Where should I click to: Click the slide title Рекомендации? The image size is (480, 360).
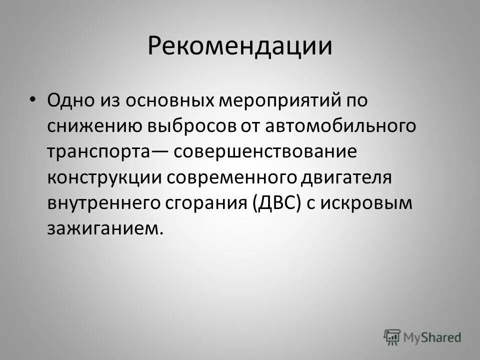pyautogui.click(x=240, y=46)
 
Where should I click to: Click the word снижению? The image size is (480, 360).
pyautogui.click(x=93, y=126)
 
